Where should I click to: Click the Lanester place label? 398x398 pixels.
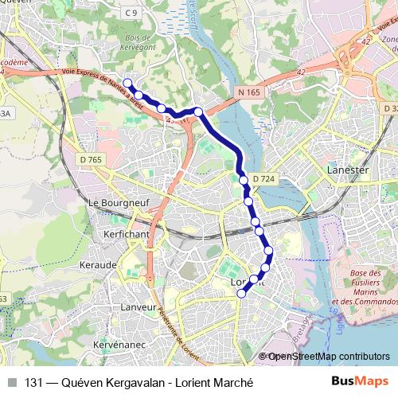click(x=345, y=170)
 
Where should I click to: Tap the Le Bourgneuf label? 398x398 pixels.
click(x=115, y=202)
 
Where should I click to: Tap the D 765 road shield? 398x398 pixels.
click(x=92, y=161)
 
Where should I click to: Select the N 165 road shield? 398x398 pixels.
click(x=250, y=93)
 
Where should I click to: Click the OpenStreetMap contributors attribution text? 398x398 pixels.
click(x=328, y=356)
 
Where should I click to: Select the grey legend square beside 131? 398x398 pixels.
click(x=12, y=381)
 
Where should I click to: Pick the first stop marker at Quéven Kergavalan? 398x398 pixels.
click(x=127, y=83)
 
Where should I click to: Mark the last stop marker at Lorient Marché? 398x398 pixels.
click(x=242, y=294)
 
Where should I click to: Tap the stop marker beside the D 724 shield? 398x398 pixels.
click(x=244, y=181)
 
